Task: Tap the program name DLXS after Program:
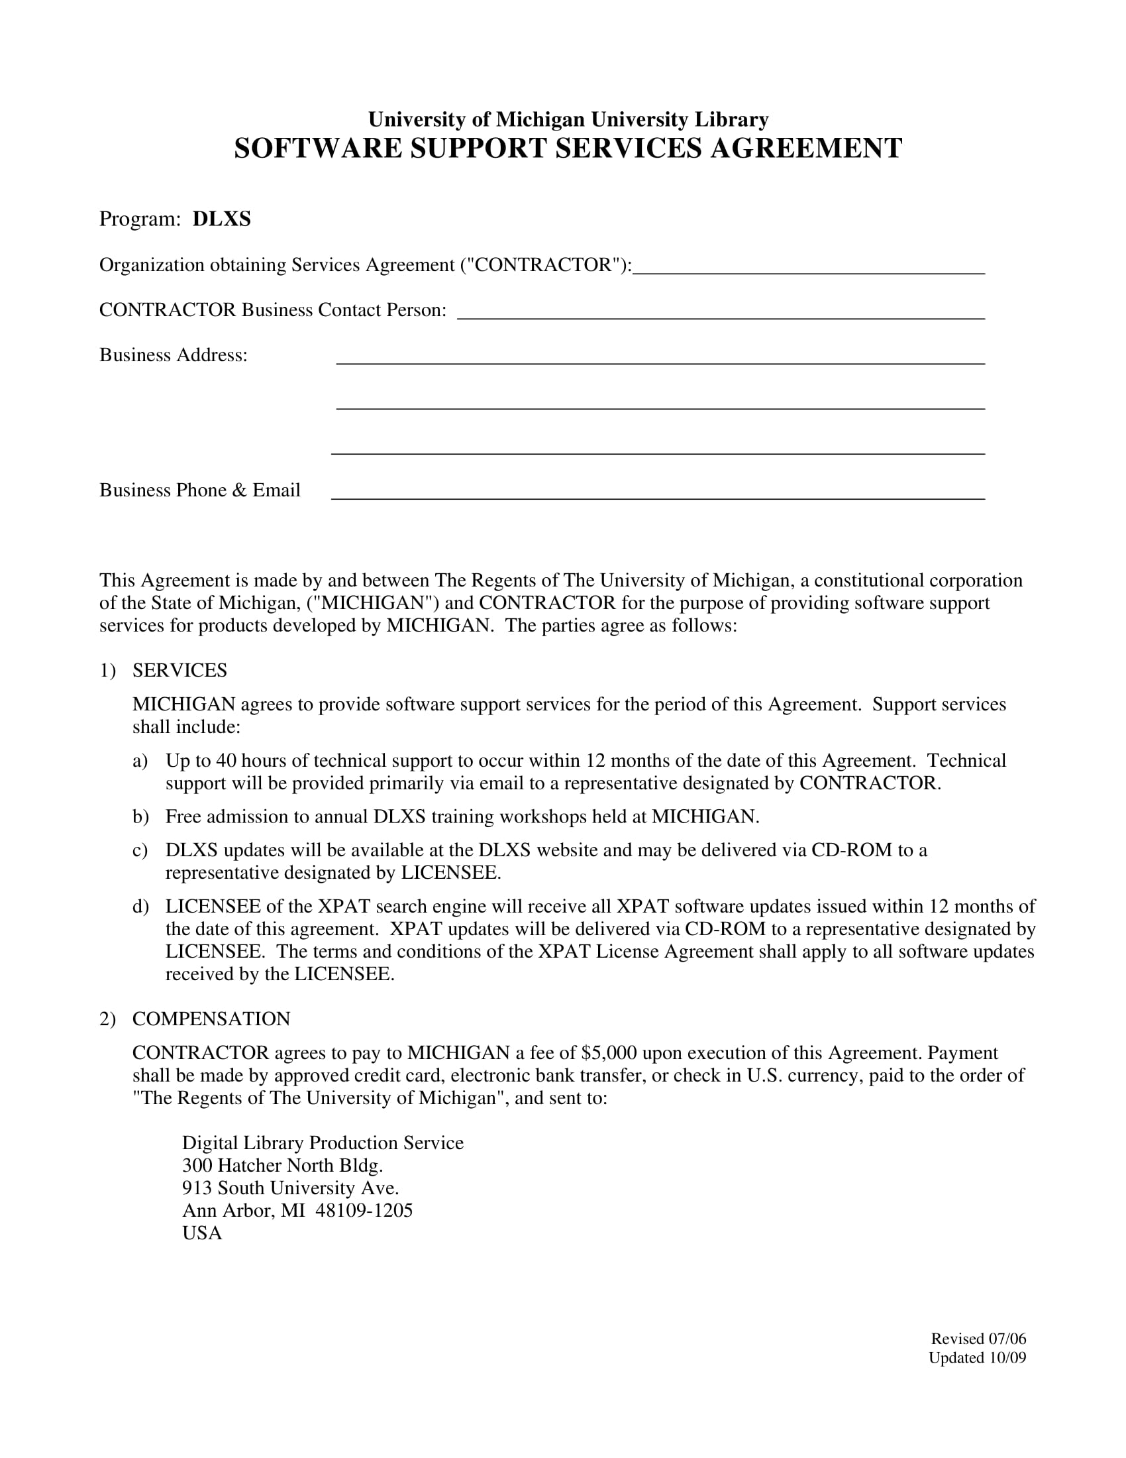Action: (x=221, y=219)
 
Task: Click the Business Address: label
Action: (x=174, y=355)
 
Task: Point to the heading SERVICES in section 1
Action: (x=179, y=670)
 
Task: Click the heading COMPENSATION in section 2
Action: (x=211, y=1019)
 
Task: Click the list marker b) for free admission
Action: (x=140, y=816)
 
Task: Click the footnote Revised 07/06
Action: (x=978, y=1339)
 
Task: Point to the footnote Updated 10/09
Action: (x=976, y=1357)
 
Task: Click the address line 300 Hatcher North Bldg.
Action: (x=282, y=1166)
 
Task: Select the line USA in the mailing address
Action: (x=201, y=1233)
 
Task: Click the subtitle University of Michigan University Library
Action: (x=568, y=119)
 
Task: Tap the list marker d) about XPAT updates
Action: (x=140, y=907)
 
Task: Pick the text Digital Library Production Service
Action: (x=322, y=1143)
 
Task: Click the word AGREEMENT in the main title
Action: (x=805, y=148)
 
